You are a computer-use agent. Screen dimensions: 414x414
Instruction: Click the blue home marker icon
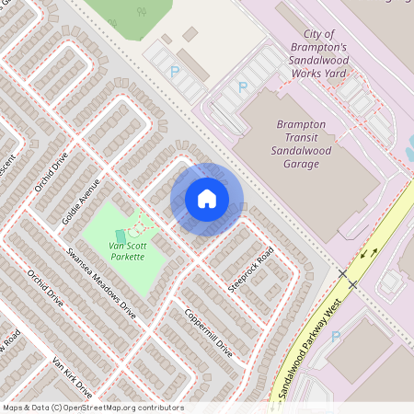[207, 199]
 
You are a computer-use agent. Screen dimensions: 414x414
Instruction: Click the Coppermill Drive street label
[208, 331]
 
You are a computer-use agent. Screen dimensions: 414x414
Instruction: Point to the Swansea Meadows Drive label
[101, 282]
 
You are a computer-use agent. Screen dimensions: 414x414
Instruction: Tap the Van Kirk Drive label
[73, 376]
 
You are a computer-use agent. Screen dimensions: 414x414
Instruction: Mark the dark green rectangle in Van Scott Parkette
[121, 236]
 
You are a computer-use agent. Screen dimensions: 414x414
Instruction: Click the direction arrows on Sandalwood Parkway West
[368, 252]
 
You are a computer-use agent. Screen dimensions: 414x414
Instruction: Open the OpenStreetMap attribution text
[93, 408]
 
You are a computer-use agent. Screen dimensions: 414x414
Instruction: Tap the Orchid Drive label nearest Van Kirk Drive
[45, 288]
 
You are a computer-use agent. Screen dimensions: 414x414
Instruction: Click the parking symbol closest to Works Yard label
[243, 87]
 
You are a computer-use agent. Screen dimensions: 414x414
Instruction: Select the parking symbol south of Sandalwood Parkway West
[335, 337]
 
